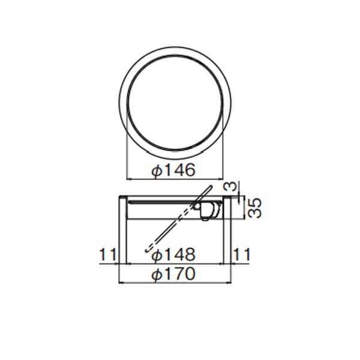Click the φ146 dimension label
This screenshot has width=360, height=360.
point(173,170)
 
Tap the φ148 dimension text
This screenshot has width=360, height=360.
point(173,254)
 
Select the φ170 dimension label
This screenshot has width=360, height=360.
point(173,274)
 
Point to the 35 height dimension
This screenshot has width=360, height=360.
point(255,208)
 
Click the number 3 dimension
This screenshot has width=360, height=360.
point(232,186)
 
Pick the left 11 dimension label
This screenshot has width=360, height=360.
point(107,254)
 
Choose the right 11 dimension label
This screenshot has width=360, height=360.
point(241,254)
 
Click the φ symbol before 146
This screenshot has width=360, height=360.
point(157,170)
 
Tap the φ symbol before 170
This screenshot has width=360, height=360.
point(157,275)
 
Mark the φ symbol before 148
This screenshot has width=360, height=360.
point(157,256)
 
